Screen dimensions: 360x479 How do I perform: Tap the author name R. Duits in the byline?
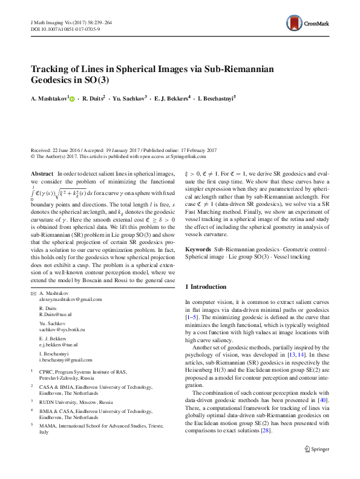(x=94, y=98)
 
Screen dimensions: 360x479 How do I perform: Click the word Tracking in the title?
(x=51, y=68)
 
